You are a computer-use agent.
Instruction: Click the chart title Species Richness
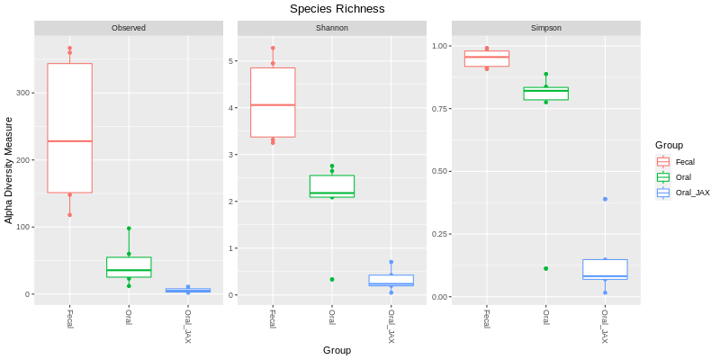[337, 9]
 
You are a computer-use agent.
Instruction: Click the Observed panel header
[129, 28]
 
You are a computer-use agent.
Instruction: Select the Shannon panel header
[331, 28]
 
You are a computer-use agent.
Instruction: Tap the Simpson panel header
[546, 28]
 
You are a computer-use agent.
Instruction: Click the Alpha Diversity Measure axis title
[9, 170]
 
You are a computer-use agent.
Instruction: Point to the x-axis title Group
[337, 350]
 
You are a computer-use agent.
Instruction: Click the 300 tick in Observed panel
[24, 93]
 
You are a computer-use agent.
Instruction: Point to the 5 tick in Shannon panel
[231, 61]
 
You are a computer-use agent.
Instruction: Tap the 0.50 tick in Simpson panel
[440, 171]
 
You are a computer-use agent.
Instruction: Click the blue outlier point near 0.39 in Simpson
[605, 199]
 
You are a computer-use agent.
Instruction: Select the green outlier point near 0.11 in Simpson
[546, 268]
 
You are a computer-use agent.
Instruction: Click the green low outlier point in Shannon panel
[331, 279]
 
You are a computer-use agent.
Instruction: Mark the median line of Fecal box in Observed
[70, 141]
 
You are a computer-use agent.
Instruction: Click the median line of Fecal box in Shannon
[273, 105]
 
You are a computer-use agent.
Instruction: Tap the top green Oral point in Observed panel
[129, 229]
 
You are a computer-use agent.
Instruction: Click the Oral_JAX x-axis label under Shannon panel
[391, 326]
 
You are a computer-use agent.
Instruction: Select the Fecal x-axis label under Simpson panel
[487, 319]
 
